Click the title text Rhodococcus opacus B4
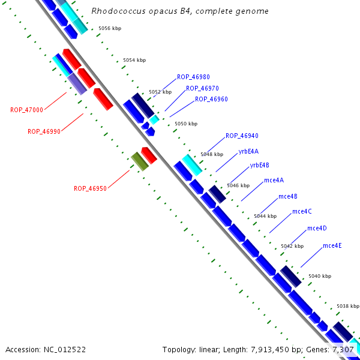click(x=180, y=11)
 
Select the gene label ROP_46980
click(x=193, y=77)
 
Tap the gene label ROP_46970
click(x=202, y=88)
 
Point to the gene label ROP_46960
click(x=211, y=99)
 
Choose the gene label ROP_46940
click(x=242, y=136)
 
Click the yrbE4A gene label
click(x=248, y=151)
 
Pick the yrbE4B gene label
click(x=260, y=165)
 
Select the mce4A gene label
click(x=274, y=181)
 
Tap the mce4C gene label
click(x=302, y=211)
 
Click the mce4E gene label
click(x=332, y=245)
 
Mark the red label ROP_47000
click(x=26, y=110)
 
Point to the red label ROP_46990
click(x=44, y=131)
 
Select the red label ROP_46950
click(x=90, y=188)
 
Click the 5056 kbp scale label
click(x=110, y=28)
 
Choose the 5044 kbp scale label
click(x=265, y=216)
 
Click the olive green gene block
click(x=140, y=161)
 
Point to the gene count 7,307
click(x=344, y=349)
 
